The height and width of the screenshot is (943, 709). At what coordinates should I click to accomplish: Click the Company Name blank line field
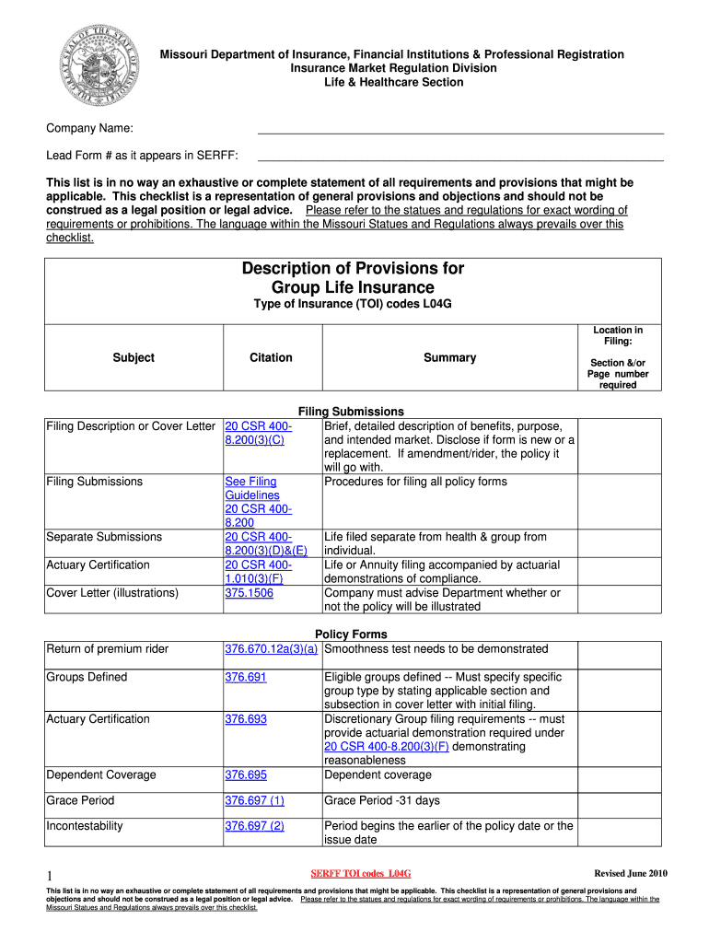click(459, 133)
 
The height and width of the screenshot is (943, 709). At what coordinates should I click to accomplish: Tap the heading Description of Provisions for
click(353, 268)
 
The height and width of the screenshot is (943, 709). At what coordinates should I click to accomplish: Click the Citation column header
click(271, 357)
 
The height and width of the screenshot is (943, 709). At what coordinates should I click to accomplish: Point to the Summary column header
click(449, 357)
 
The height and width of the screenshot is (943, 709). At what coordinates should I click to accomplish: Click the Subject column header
click(134, 357)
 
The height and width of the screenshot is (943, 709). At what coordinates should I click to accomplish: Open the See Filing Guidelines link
click(251, 488)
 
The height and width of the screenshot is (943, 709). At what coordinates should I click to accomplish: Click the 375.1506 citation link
click(249, 593)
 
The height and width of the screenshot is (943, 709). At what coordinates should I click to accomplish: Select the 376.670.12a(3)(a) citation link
click(272, 649)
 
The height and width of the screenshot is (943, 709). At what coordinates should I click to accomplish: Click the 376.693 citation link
click(246, 719)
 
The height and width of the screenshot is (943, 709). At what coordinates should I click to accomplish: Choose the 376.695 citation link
click(246, 774)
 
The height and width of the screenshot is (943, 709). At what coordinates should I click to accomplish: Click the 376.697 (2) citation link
click(254, 826)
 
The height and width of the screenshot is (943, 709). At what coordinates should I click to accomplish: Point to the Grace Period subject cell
click(80, 800)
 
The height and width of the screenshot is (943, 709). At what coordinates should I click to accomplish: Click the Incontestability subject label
click(84, 826)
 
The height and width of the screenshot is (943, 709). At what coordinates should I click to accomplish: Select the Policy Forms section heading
click(351, 634)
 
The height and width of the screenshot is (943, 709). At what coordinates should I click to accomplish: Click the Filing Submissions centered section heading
click(351, 412)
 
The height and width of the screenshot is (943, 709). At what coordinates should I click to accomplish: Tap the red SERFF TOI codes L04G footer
click(360, 873)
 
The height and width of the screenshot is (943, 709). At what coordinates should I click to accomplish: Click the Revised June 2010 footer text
click(631, 873)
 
